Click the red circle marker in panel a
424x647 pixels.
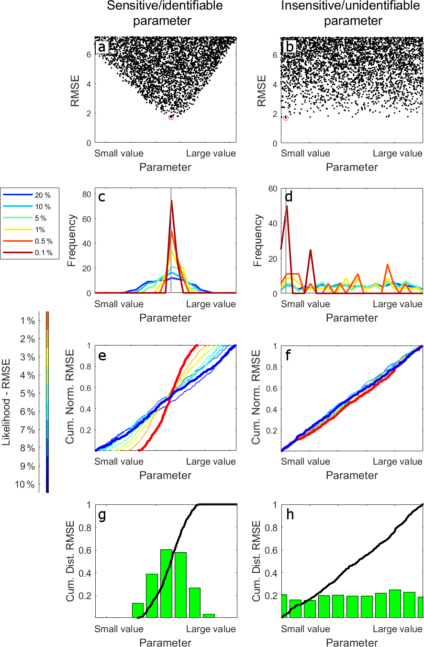[171, 117]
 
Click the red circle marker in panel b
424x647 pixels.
[286, 118]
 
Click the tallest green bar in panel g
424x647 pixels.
[166, 583]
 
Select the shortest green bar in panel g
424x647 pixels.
[209, 615]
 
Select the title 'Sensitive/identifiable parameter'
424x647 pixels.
[165, 13]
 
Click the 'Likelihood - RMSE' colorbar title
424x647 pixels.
[7, 402]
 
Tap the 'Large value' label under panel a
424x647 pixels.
[211, 154]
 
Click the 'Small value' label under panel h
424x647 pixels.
[305, 629]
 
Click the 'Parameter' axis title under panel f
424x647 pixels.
[352, 475]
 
